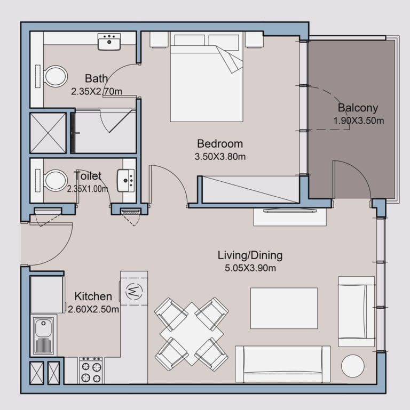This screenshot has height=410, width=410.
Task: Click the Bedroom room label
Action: click(219, 143)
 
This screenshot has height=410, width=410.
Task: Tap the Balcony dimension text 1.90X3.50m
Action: click(358, 120)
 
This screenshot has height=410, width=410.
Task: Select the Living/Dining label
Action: click(250, 255)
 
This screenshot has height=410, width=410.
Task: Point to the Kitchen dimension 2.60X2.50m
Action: click(93, 309)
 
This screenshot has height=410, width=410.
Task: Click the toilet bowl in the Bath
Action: click(54, 76)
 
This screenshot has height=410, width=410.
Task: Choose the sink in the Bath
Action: click(109, 41)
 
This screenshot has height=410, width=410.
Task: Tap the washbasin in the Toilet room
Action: click(127, 180)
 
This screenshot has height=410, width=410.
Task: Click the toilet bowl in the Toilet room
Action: click(54, 180)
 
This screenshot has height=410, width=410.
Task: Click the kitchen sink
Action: click(44, 335)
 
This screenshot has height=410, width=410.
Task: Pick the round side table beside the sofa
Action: click(353, 366)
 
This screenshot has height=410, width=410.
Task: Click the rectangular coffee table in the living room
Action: click(283, 308)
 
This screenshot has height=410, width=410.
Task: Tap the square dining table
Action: click(191, 333)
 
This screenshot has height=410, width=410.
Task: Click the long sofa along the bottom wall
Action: click(282, 364)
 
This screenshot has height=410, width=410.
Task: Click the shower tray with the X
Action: click(48, 133)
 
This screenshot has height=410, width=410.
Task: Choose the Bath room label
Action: click(96, 79)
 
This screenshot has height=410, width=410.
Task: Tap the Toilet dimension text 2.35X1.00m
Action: click(88, 188)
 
